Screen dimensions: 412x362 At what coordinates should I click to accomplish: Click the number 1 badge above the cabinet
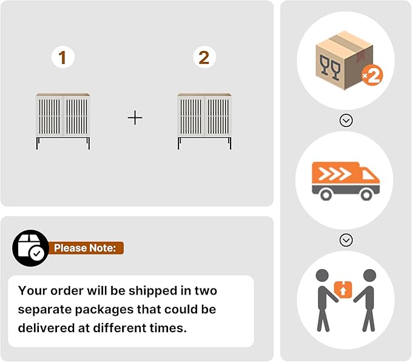tap(63, 57)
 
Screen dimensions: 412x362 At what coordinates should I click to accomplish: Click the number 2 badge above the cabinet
tap(204, 57)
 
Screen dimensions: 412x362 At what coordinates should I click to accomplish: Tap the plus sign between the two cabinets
tap(135, 117)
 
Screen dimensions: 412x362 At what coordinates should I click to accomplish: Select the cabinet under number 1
tap(63, 121)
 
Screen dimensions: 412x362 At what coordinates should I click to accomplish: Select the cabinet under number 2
tap(204, 121)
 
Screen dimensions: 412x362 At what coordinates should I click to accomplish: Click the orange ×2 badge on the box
tap(372, 76)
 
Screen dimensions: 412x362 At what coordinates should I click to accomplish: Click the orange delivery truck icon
tap(345, 181)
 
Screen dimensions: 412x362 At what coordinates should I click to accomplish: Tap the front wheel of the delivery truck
tap(366, 195)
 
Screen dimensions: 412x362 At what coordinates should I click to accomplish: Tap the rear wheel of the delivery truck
tap(326, 195)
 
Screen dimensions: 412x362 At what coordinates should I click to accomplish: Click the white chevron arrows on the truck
tap(334, 174)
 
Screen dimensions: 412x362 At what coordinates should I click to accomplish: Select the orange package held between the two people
tap(343, 290)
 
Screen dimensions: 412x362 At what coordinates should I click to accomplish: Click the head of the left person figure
tap(322, 276)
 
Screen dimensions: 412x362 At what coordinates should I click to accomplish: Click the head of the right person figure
tap(370, 276)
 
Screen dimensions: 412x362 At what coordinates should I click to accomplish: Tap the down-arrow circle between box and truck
tap(346, 120)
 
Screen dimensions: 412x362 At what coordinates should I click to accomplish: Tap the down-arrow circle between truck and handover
tap(346, 240)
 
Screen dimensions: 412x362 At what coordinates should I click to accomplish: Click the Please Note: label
tap(85, 248)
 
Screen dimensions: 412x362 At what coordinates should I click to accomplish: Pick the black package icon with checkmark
tap(31, 248)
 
